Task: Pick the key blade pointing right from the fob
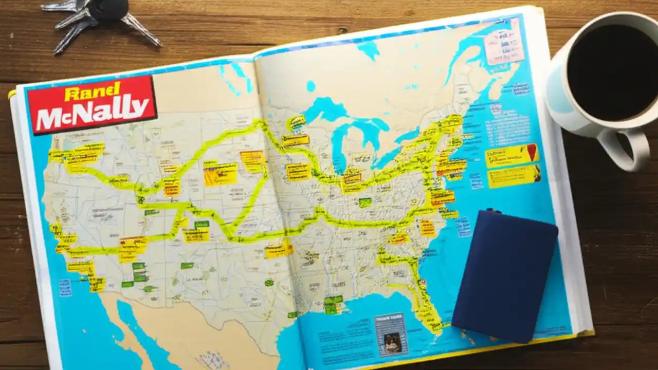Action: coord(141,30)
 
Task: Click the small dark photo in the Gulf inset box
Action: coord(390,341)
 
